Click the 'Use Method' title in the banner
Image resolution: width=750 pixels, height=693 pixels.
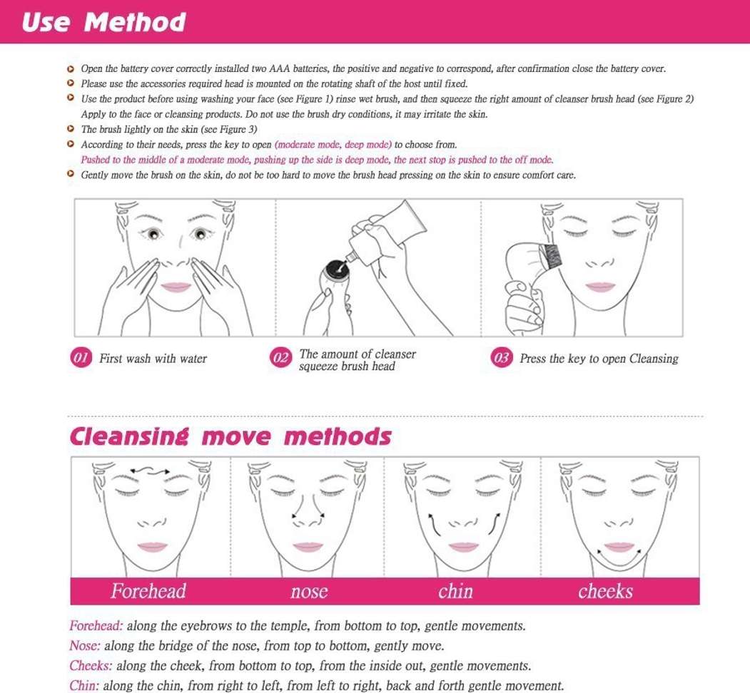(103, 22)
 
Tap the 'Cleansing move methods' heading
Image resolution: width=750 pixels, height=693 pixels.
(230, 437)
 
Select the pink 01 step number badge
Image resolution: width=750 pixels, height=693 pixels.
(81, 358)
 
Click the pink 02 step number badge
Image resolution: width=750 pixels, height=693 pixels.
(280, 358)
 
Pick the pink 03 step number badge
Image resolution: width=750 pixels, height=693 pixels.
(501, 358)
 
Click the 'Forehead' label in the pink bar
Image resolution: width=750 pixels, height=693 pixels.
(148, 591)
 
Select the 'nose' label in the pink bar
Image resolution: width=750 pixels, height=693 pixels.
(309, 592)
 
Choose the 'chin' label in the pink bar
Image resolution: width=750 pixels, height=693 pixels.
(455, 591)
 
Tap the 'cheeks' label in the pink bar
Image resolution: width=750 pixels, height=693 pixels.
(605, 591)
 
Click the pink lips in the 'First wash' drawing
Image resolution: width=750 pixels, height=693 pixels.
(176, 287)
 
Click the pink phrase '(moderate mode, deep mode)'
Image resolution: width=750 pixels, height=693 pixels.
(333, 144)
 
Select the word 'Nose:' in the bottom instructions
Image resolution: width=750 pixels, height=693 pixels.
(85, 646)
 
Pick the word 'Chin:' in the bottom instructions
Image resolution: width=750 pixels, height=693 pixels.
(84, 686)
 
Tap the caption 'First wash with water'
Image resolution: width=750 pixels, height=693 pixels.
(153, 359)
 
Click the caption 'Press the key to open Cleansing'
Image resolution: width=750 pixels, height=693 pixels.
(599, 359)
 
